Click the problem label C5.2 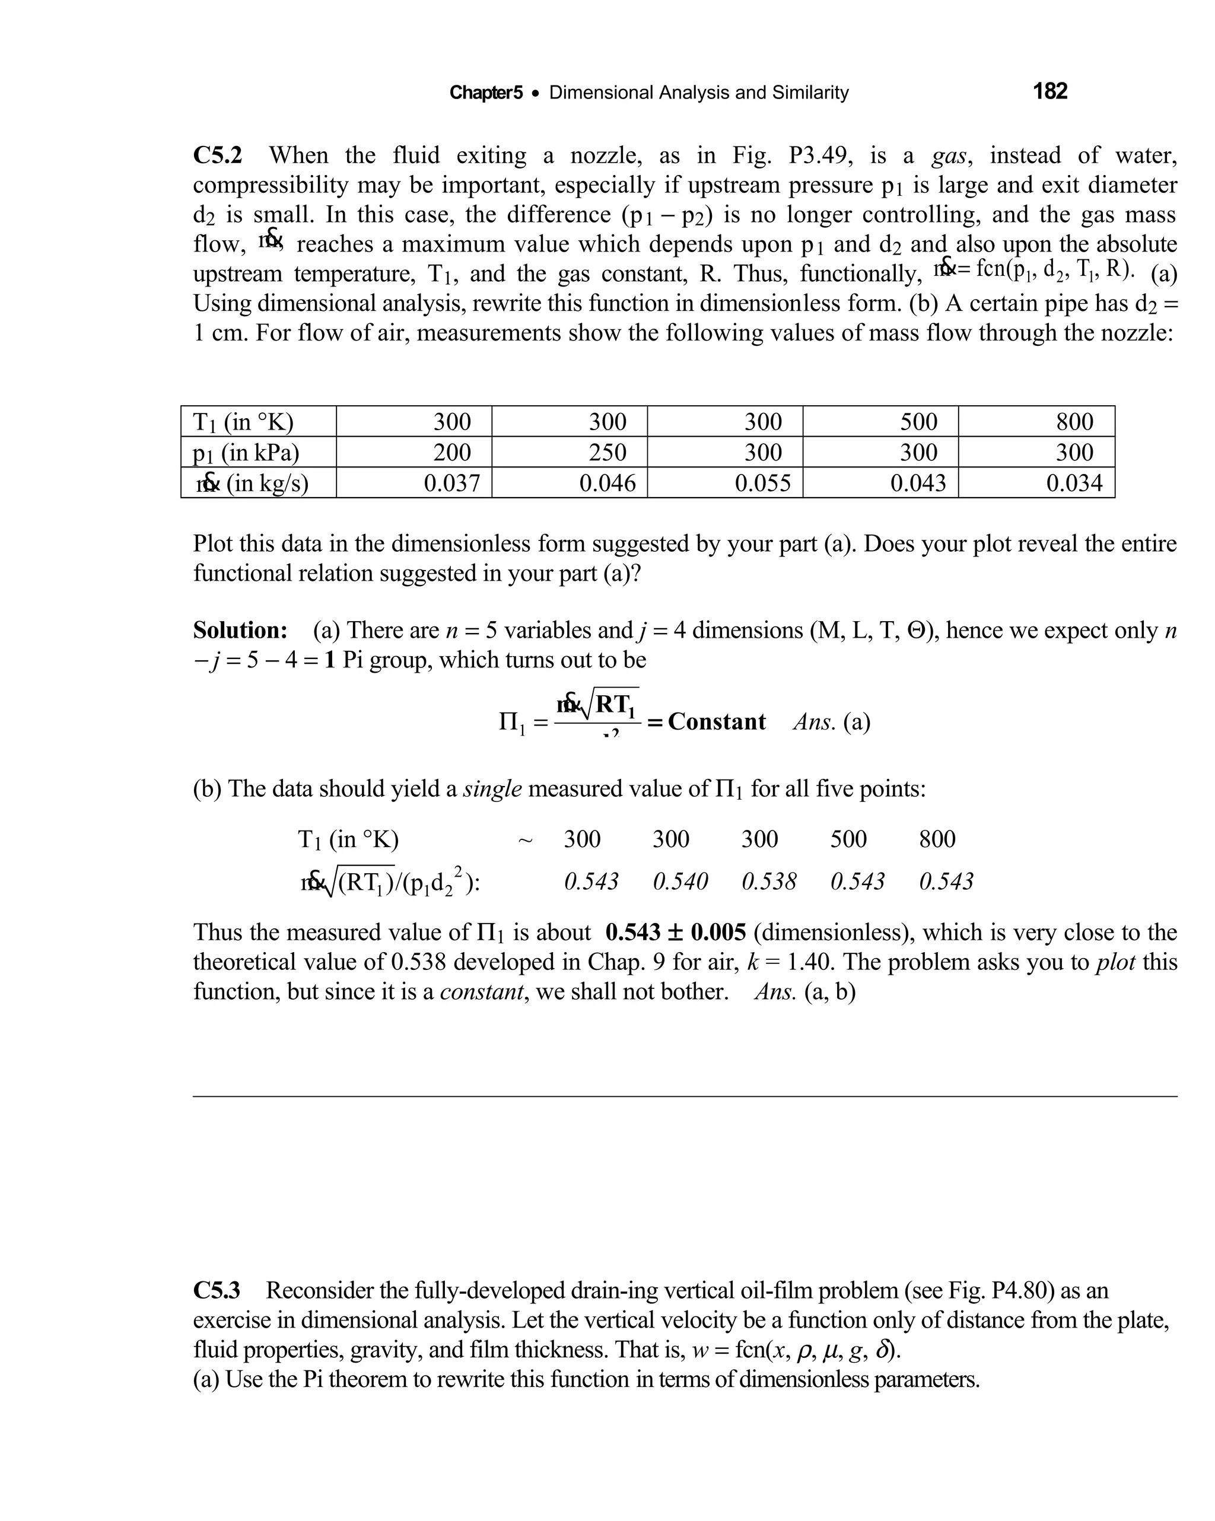217,155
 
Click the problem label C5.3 217,1290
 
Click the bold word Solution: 240,630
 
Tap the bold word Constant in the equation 716,722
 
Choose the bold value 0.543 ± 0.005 675,933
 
